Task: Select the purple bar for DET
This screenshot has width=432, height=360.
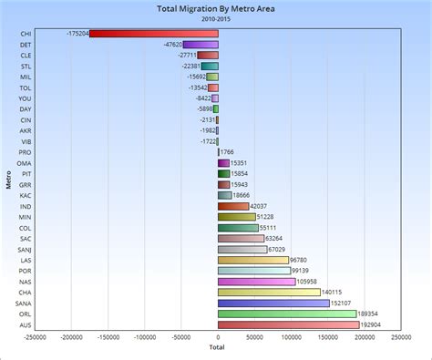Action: pos(201,45)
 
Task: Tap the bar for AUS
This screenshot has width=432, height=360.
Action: pos(288,324)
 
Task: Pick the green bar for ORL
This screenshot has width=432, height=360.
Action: pos(287,314)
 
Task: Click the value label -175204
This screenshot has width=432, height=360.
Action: pos(77,34)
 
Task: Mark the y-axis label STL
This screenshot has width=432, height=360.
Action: pos(25,66)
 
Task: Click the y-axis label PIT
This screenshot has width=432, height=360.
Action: pos(25,173)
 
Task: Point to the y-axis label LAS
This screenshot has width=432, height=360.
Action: pos(25,260)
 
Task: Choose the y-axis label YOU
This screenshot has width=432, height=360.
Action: pos(25,98)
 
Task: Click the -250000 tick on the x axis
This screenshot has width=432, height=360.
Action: pos(36,336)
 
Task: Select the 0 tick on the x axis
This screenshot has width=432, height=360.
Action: pos(219,336)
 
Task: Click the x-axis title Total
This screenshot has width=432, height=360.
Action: pos(217,347)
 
